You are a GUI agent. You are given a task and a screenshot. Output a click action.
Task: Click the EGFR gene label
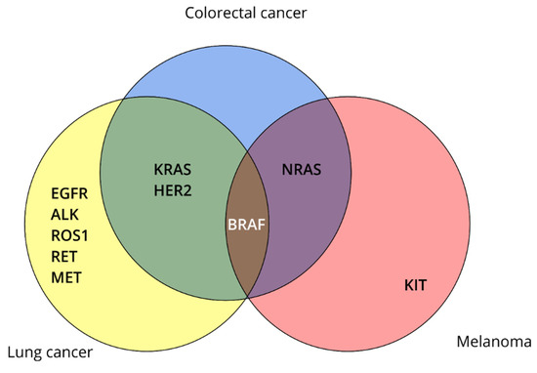[x=70, y=192]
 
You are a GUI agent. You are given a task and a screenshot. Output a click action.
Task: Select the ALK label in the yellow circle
[x=65, y=214]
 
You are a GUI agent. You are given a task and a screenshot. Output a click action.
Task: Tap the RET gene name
[x=64, y=257]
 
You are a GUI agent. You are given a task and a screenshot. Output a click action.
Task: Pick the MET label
[x=65, y=278]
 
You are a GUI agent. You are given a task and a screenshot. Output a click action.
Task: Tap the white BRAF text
[x=247, y=223]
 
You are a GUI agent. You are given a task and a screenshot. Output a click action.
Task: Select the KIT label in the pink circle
[x=416, y=286]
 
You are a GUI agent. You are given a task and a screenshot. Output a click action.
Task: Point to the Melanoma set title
[x=490, y=342]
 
